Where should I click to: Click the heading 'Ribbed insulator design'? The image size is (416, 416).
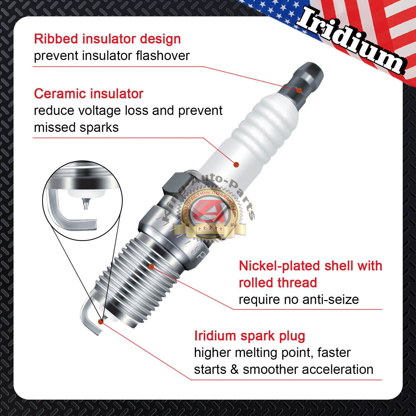[107, 39]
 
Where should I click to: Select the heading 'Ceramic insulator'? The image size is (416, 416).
[89, 94]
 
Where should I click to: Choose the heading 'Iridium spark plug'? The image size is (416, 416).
[250, 336]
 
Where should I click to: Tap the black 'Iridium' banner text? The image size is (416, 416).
[351, 39]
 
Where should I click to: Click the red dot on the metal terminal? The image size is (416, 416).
[299, 90]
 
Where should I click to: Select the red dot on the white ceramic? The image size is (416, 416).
[236, 165]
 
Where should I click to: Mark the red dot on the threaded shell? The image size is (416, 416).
[151, 266]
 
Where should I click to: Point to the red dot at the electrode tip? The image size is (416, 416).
[101, 322]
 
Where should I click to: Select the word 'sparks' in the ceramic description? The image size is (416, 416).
[99, 128]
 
